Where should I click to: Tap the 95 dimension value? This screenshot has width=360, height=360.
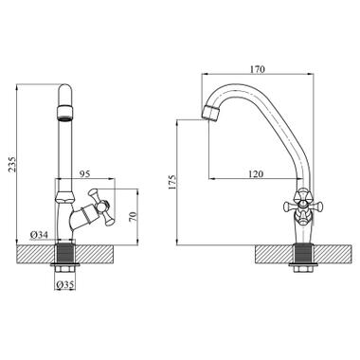(x=84, y=174)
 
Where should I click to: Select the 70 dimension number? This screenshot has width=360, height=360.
(x=133, y=216)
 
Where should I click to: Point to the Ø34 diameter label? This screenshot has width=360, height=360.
(x=39, y=235)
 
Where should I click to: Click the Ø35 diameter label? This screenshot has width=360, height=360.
(x=65, y=285)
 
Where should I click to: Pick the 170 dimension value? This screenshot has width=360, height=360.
(x=258, y=69)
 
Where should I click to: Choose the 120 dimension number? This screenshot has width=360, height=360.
(x=256, y=174)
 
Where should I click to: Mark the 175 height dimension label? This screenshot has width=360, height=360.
(x=172, y=182)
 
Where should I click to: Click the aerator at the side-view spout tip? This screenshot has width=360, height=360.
(x=210, y=113)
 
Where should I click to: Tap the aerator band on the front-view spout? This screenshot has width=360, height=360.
(x=65, y=113)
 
